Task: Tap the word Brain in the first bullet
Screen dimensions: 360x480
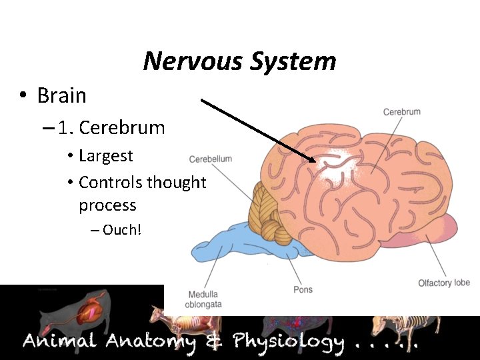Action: coord(61,95)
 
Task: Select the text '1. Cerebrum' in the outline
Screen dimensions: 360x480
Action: coord(111,127)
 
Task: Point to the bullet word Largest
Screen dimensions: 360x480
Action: coord(105,156)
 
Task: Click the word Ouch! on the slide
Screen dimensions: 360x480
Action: coord(122,231)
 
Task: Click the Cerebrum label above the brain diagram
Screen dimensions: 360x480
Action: coord(402,112)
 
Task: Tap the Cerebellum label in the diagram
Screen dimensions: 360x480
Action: coord(210,159)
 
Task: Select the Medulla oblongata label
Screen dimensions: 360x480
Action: coord(204,299)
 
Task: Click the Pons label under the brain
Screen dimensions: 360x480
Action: coord(303,289)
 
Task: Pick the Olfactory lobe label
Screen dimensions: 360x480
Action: coord(444,283)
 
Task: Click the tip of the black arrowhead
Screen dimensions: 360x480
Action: coord(315,161)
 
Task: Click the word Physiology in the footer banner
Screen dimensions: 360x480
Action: coord(288,343)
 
